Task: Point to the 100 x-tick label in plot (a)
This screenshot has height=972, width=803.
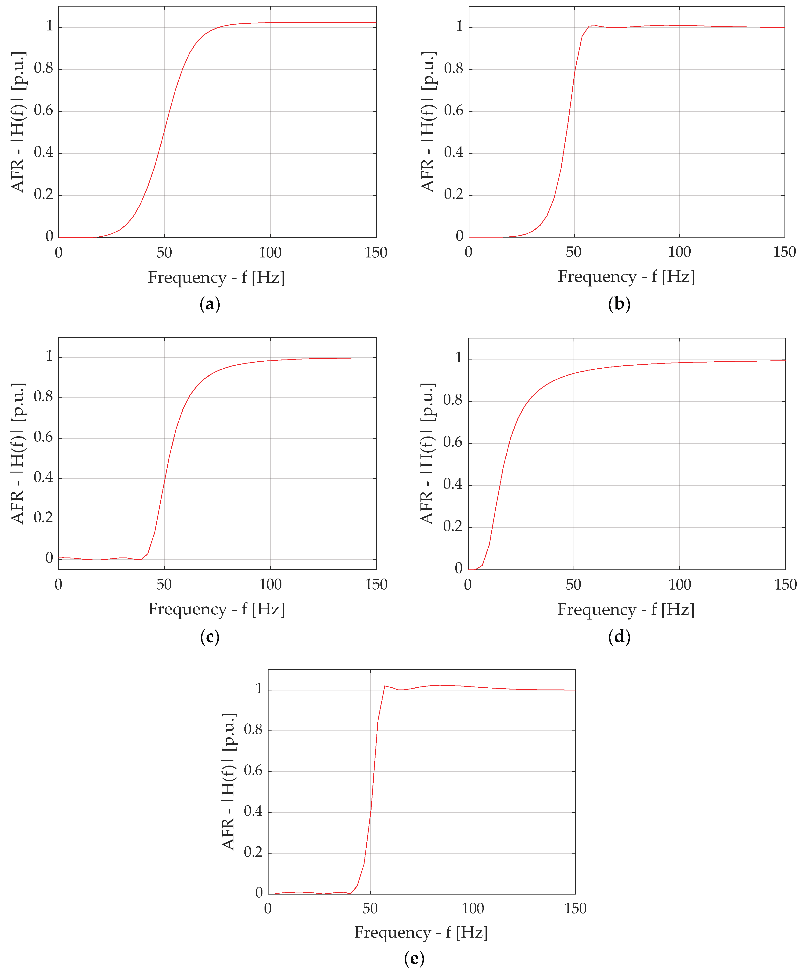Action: (x=270, y=253)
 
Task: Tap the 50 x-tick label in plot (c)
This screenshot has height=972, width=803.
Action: (x=164, y=584)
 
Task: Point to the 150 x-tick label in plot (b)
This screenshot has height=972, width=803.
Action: (x=785, y=252)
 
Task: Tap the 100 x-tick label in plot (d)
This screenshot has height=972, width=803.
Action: (x=679, y=584)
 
